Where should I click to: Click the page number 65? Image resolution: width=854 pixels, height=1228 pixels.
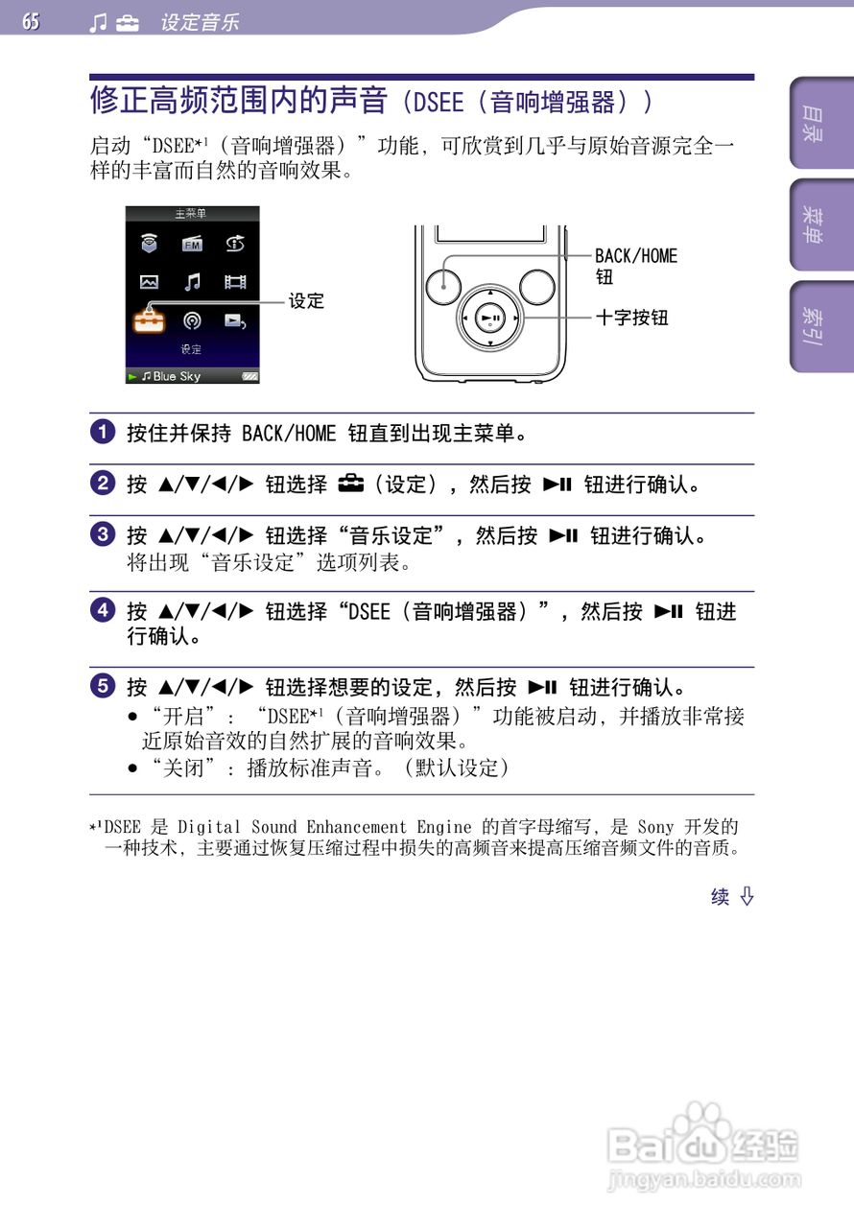click(x=31, y=21)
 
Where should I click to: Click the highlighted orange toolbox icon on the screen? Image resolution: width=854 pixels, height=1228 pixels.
click(x=149, y=321)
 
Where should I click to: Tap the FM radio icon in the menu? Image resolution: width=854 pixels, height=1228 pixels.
click(x=192, y=245)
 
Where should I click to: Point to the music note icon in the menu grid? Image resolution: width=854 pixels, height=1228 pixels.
click(x=192, y=282)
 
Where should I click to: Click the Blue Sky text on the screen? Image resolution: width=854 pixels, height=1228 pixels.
click(x=177, y=376)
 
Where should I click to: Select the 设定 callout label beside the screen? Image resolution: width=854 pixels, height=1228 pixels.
click(x=307, y=301)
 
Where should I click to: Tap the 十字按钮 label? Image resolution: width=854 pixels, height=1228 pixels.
click(x=631, y=318)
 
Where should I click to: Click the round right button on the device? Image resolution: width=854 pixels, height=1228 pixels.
click(x=537, y=285)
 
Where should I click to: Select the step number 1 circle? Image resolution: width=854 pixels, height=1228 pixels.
click(x=103, y=433)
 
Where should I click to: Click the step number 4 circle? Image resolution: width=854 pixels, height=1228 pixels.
click(x=103, y=610)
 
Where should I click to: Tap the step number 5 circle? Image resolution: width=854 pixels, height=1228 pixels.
click(x=103, y=686)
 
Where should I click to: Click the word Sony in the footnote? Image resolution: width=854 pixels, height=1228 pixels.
click(x=656, y=826)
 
